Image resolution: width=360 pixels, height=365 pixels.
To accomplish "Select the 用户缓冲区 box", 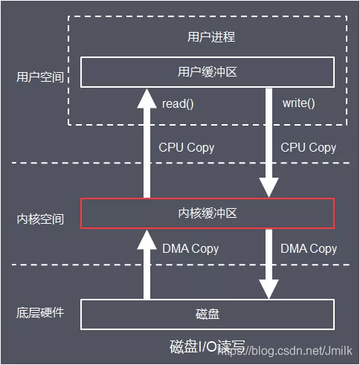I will [208, 72].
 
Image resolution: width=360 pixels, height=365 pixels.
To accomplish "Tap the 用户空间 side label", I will [40, 77].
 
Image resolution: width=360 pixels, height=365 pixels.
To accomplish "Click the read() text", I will [178, 103].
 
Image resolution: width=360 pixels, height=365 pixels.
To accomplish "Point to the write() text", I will [298, 103].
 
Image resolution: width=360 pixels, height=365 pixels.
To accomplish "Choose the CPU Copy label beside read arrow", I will [186, 147].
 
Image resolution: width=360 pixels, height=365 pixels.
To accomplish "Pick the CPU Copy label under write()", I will [308, 147].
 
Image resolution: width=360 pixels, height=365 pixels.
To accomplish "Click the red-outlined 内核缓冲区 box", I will [208, 213].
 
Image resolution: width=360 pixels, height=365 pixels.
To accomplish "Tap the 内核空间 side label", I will [40, 219].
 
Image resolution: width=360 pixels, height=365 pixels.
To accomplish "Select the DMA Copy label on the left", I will [190, 248].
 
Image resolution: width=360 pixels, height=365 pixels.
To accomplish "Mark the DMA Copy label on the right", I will [309, 248].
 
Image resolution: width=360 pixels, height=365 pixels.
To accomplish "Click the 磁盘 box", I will [208, 314].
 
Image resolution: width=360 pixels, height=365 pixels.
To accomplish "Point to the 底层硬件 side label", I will [40, 312].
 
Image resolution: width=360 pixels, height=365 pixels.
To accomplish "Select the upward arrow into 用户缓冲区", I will [145, 141].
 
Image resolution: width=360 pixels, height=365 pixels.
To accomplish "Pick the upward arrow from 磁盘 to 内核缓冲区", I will [145, 264].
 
